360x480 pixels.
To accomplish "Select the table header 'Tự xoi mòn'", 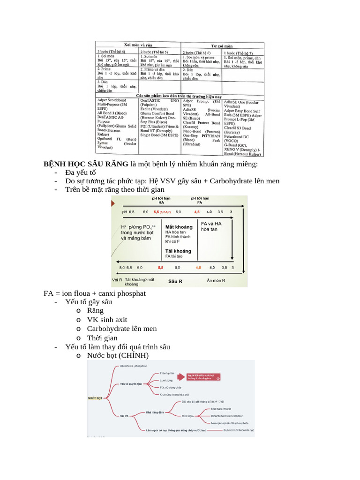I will (x=222, y=46).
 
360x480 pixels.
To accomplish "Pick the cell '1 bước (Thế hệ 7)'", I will (x=239, y=53).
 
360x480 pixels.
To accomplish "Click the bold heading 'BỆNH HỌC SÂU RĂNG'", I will (x=86, y=164).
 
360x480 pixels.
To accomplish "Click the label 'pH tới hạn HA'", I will (x=161, y=200).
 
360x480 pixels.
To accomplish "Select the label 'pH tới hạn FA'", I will (x=200, y=200).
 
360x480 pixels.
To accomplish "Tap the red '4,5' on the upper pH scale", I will (x=197, y=212).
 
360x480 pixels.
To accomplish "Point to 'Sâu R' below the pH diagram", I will (x=175, y=281).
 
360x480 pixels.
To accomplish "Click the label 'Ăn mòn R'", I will (x=216, y=281).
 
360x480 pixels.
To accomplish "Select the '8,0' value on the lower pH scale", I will (x=122, y=268).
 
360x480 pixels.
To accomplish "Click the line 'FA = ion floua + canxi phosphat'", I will (x=95, y=293).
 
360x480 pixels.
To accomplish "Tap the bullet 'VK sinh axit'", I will (x=107, y=320).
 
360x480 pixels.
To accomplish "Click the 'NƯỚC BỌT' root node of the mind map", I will (x=95, y=397).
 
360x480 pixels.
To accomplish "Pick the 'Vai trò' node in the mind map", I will (x=124, y=415).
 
